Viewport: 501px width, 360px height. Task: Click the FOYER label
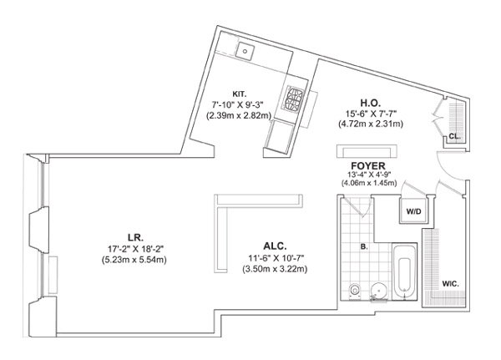coord(367,165)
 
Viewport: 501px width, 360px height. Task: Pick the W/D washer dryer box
coord(413,211)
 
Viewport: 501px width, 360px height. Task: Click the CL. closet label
coord(453,135)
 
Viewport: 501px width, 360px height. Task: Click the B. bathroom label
coord(364,247)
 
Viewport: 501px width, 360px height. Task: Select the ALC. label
coord(275,246)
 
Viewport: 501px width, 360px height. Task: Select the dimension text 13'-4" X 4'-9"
coord(367,175)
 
